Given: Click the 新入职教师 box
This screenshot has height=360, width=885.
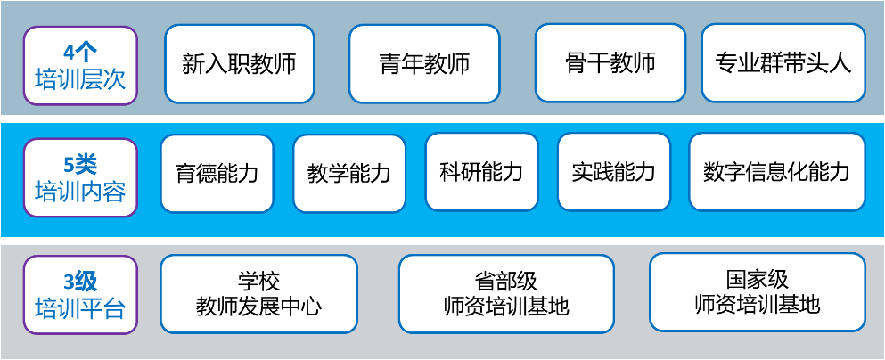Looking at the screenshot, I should tap(240, 63).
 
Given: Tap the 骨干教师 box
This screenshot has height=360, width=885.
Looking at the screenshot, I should tap(610, 62).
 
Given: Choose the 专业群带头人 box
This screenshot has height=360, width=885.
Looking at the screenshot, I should tap(783, 62).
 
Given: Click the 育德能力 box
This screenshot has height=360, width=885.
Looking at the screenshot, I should tap(217, 173).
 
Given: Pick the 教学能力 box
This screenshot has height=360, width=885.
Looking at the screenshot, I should tap(349, 174).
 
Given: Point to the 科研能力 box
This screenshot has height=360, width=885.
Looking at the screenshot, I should tap(481, 172).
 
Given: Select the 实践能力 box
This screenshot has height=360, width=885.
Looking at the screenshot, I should tap(613, 172).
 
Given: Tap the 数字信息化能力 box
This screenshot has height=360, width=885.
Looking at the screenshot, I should tap(777, 172).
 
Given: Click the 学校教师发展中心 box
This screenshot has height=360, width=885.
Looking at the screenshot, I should tap(258, 294).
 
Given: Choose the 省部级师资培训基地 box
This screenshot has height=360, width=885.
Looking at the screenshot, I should tap(506, 294).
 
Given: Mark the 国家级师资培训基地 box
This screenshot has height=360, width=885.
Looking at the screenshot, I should tap(756, 292).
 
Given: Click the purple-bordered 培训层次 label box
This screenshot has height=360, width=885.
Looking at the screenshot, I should tap(80, 64).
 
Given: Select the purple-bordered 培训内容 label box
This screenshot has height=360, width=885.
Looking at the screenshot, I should tap(80, 176).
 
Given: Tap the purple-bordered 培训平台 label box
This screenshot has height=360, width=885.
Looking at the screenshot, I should tap(80, 295).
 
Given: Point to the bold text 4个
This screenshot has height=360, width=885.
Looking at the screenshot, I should tap(80, 51).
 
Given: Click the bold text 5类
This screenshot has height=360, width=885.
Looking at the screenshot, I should tap(80, 164).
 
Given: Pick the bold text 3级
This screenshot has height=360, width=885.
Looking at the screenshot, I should tap(80, 282).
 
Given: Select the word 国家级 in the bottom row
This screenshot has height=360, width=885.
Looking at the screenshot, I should tap(757, 280).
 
